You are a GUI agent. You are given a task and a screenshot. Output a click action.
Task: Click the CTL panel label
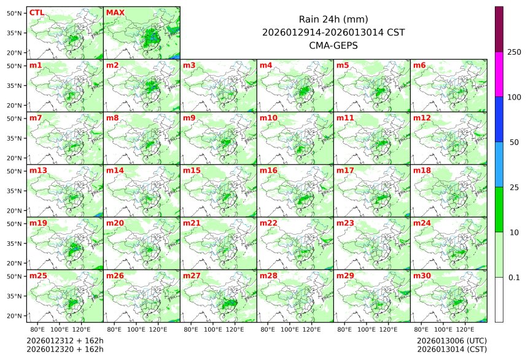point(36,12)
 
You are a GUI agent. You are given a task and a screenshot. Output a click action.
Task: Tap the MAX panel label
point(115,12)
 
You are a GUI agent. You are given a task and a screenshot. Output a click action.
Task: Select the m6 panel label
point(420,65)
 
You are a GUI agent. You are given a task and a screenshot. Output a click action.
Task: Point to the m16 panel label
point(268,170)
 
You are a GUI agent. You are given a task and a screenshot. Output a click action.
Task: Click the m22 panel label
point(268,223)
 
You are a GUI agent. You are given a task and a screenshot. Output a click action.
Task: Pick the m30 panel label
point(422,275)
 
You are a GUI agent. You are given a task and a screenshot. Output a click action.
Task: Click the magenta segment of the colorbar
point(499,74)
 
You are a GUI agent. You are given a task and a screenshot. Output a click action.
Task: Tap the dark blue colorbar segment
point(499,119)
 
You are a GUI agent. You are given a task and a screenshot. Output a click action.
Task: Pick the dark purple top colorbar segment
point(499,29)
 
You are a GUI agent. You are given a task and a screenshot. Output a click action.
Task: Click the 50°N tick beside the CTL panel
point(15,13)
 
